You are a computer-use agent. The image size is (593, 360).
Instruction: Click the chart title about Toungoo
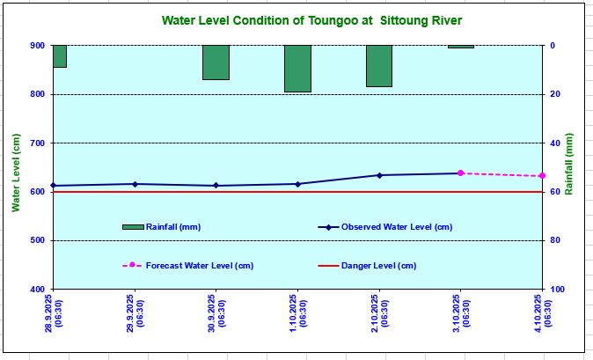[x=311, y=21]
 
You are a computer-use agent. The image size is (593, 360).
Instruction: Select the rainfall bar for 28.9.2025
[x=60, y=56]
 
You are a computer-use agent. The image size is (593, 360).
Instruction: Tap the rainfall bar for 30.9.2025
[x=216, y=62]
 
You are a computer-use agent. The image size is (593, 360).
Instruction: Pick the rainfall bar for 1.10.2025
[x=297, y=69]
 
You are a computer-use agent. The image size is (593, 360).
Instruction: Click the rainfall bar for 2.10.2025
[x=379, y=66]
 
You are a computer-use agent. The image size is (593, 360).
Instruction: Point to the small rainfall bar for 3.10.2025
[x=460, y=47]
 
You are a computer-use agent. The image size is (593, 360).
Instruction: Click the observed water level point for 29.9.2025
[x=135, y=184]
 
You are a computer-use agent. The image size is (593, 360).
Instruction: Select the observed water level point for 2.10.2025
[x=379, y=175]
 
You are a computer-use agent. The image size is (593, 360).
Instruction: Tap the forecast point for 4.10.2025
[x=542, y=176]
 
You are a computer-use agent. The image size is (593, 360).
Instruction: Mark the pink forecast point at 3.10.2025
[x=460, y=173]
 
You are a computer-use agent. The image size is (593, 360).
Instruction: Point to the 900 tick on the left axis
[x=38, y=46]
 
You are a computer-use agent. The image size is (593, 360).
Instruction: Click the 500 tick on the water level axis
[x=38, y=240]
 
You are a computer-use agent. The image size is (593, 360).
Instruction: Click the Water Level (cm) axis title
[x=15, y=173]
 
